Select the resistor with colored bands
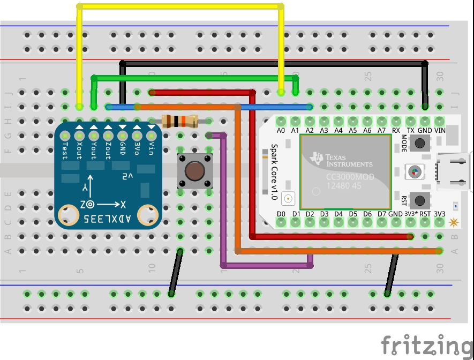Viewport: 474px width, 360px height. (x=179, y=121)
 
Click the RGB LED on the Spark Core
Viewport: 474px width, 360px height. (x=413, y=171)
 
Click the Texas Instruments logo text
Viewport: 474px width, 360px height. (x=343, y=160)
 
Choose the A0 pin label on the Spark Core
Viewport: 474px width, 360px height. (x=281, y=130)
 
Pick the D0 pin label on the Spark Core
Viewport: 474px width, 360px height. (x=281, y=214)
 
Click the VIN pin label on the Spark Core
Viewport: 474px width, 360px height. (x=439, y=130)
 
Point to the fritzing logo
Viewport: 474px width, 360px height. (x=423, y=346)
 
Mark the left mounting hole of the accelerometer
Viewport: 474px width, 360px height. (x=67, y=215)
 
